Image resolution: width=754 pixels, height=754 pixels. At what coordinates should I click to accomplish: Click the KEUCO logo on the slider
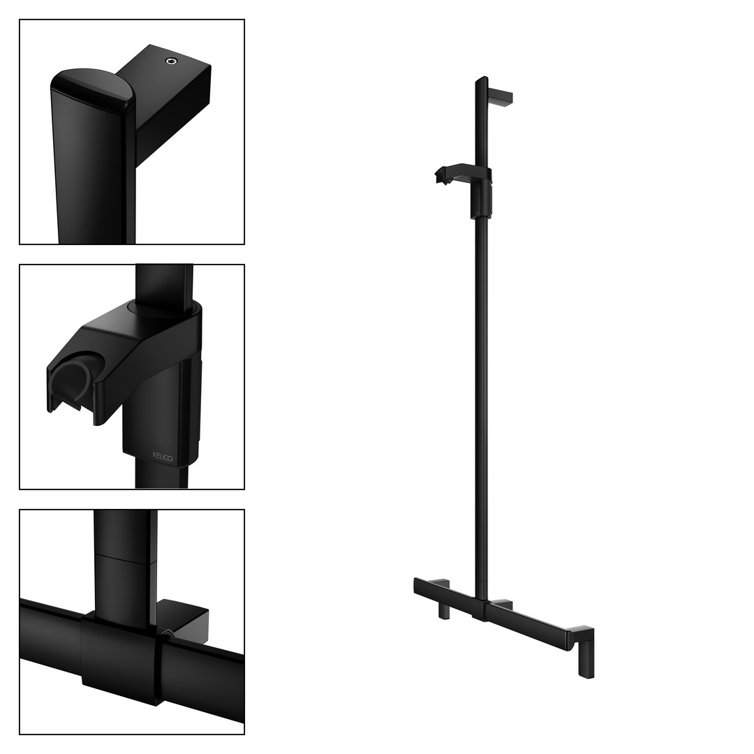point(163,456)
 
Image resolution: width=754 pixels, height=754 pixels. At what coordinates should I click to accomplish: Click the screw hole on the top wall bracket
point(171,61)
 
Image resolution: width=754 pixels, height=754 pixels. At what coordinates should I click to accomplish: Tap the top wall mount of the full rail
point(500,97)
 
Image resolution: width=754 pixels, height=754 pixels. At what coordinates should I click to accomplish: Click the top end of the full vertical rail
point(481,78)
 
